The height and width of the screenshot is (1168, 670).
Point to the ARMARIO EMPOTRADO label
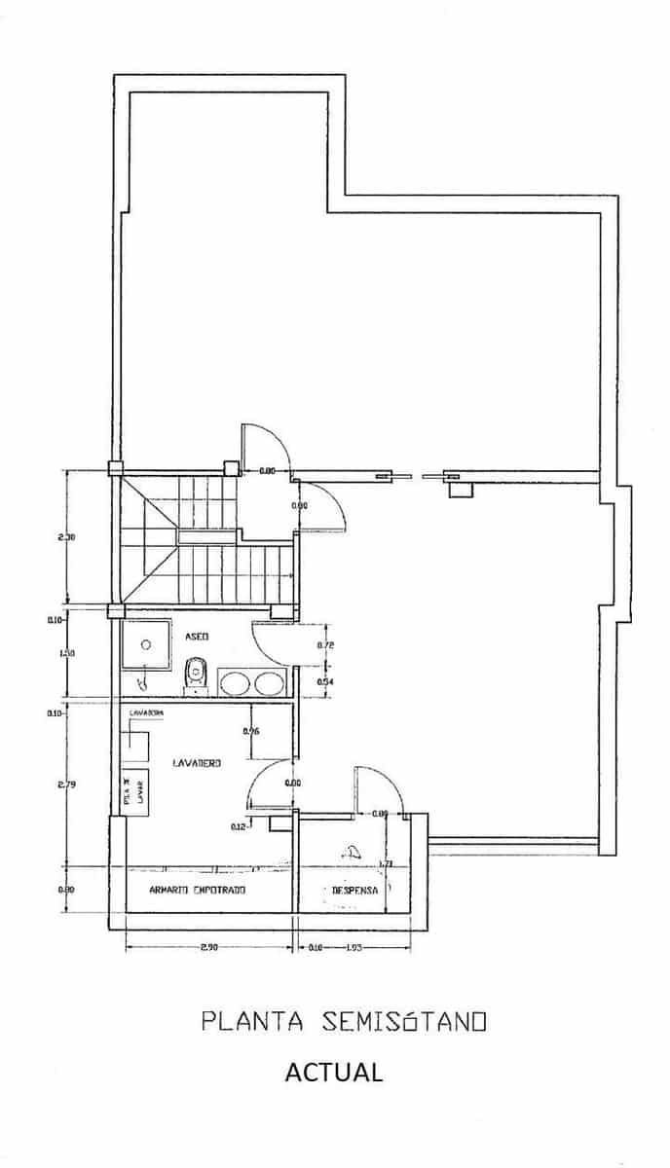click(197, 890)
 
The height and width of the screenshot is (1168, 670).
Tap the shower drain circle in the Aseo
click(146, 643)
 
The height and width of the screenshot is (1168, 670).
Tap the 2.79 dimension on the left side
click(67, 784)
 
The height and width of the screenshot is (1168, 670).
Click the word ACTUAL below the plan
click(333, 1073)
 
